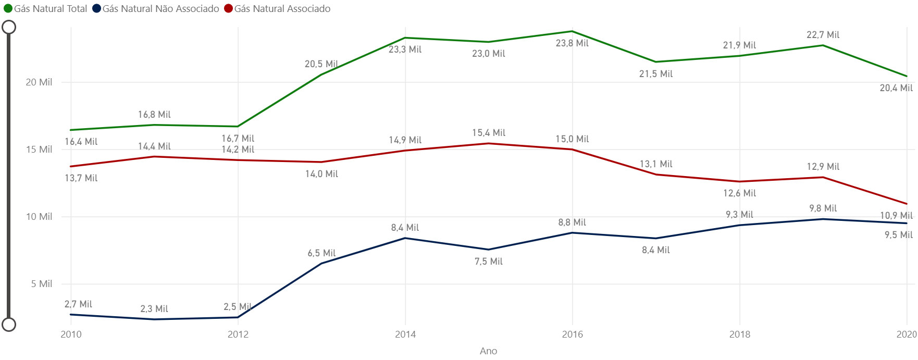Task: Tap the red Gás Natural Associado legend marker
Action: [228, 9]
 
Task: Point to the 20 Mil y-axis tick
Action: [39, 82]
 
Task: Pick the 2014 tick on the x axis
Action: [405, 334]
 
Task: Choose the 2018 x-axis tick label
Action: [740, 334]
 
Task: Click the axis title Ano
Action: [488, 351]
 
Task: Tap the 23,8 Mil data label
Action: [572, 43]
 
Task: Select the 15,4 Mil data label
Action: [489, 133]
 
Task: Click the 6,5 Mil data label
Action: [321, 253]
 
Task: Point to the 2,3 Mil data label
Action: [154, 309]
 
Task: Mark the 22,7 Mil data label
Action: [823, 35]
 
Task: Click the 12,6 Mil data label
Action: [739, 193]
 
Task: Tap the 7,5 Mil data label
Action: [489, 262]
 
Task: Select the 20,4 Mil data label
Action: [896, 88]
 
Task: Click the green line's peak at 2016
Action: [572, 31]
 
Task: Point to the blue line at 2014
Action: [405, 238]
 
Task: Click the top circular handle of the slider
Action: [9, 27]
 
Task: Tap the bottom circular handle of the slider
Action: [9, 325]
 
